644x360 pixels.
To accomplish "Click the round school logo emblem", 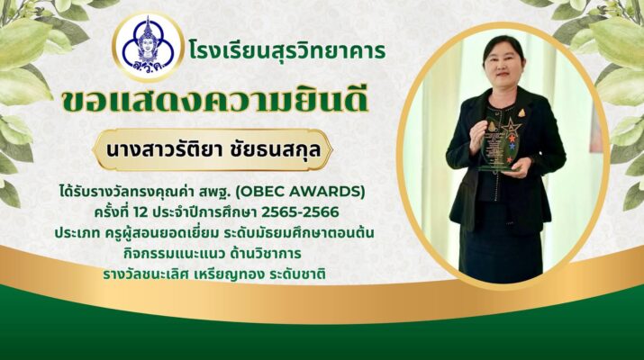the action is coord(149,47).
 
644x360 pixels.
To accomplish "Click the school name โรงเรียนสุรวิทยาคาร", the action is coord(287,51).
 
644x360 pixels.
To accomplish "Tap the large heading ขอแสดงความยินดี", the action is coord(214,101).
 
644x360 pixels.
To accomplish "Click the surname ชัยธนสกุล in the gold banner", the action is coord(275,149).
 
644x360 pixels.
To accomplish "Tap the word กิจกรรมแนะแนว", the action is coord(174,253).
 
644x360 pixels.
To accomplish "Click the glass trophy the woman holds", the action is coord(499,145).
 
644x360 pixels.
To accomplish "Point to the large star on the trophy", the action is coord(511,127).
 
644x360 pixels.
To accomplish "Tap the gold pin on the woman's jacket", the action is coord(522,112).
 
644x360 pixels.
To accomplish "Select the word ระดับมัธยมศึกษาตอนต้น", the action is coord(300,233).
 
